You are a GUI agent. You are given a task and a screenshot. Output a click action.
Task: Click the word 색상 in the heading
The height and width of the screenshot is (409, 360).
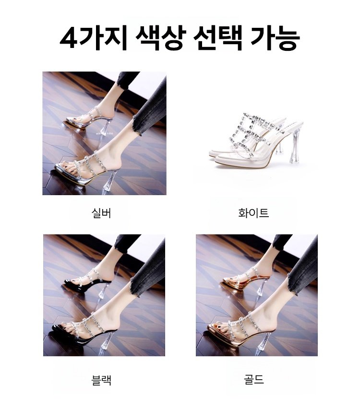click(160, 39)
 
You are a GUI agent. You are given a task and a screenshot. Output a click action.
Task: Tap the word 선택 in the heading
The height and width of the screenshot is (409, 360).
click(218, 39)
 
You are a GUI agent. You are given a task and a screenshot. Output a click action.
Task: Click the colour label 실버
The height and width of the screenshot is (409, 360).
click(101, 213)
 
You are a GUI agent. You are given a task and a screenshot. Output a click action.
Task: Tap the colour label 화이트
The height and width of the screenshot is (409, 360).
click(253, 213)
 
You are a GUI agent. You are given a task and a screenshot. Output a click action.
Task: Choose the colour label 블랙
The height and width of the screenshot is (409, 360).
click(101, 380)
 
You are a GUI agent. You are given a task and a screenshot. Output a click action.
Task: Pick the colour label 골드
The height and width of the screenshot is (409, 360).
click(254, 379)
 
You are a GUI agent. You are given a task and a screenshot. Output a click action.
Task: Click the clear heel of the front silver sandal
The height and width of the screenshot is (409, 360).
click(108, 180)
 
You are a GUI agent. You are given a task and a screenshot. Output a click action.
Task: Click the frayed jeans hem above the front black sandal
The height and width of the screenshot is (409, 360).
click(136, 286)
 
